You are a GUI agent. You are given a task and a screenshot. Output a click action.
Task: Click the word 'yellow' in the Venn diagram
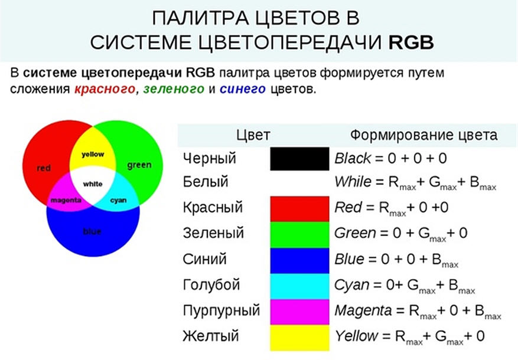click(x=93, y=155)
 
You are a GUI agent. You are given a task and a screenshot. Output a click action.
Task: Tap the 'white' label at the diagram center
click(x=93, y=184)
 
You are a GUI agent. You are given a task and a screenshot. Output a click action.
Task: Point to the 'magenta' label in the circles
click(x=66, y=200)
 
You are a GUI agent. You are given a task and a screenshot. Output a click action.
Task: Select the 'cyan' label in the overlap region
click(x=119, y=201)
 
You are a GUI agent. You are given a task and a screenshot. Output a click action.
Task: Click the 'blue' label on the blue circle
click(x=92, y=231)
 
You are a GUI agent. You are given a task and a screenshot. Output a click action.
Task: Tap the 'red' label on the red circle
click(x=44, y=168)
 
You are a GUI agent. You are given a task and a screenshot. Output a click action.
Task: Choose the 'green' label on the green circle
click(x=139, y=165)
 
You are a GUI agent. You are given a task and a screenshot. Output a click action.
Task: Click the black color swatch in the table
click(x=299, y=159)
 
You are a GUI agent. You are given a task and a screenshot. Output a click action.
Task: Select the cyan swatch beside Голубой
click(x=299, y=286)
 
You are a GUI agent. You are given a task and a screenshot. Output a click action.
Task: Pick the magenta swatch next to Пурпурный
click(x=299, y=312)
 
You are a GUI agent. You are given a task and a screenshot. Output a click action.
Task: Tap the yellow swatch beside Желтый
click(x=299, y=338)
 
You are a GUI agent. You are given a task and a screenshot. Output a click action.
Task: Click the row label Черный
click(x=210, y=158)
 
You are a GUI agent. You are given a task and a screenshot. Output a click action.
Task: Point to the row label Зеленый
click(x=213, y=233)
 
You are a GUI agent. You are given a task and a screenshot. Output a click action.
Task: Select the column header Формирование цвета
click(x=424, y=135)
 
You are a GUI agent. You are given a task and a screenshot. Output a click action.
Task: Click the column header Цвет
click(x=253, y=135)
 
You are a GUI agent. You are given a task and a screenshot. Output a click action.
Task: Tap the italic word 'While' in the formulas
click(x=353, y=182)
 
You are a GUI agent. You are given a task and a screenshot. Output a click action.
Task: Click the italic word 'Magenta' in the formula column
click(x=363, y=311)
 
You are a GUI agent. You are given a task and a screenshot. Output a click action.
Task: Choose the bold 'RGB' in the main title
click(x=411, y=42)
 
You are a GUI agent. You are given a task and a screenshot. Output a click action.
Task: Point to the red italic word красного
click(x=105, y=89)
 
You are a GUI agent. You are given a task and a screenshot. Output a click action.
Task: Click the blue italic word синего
click(x=243, y=89)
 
